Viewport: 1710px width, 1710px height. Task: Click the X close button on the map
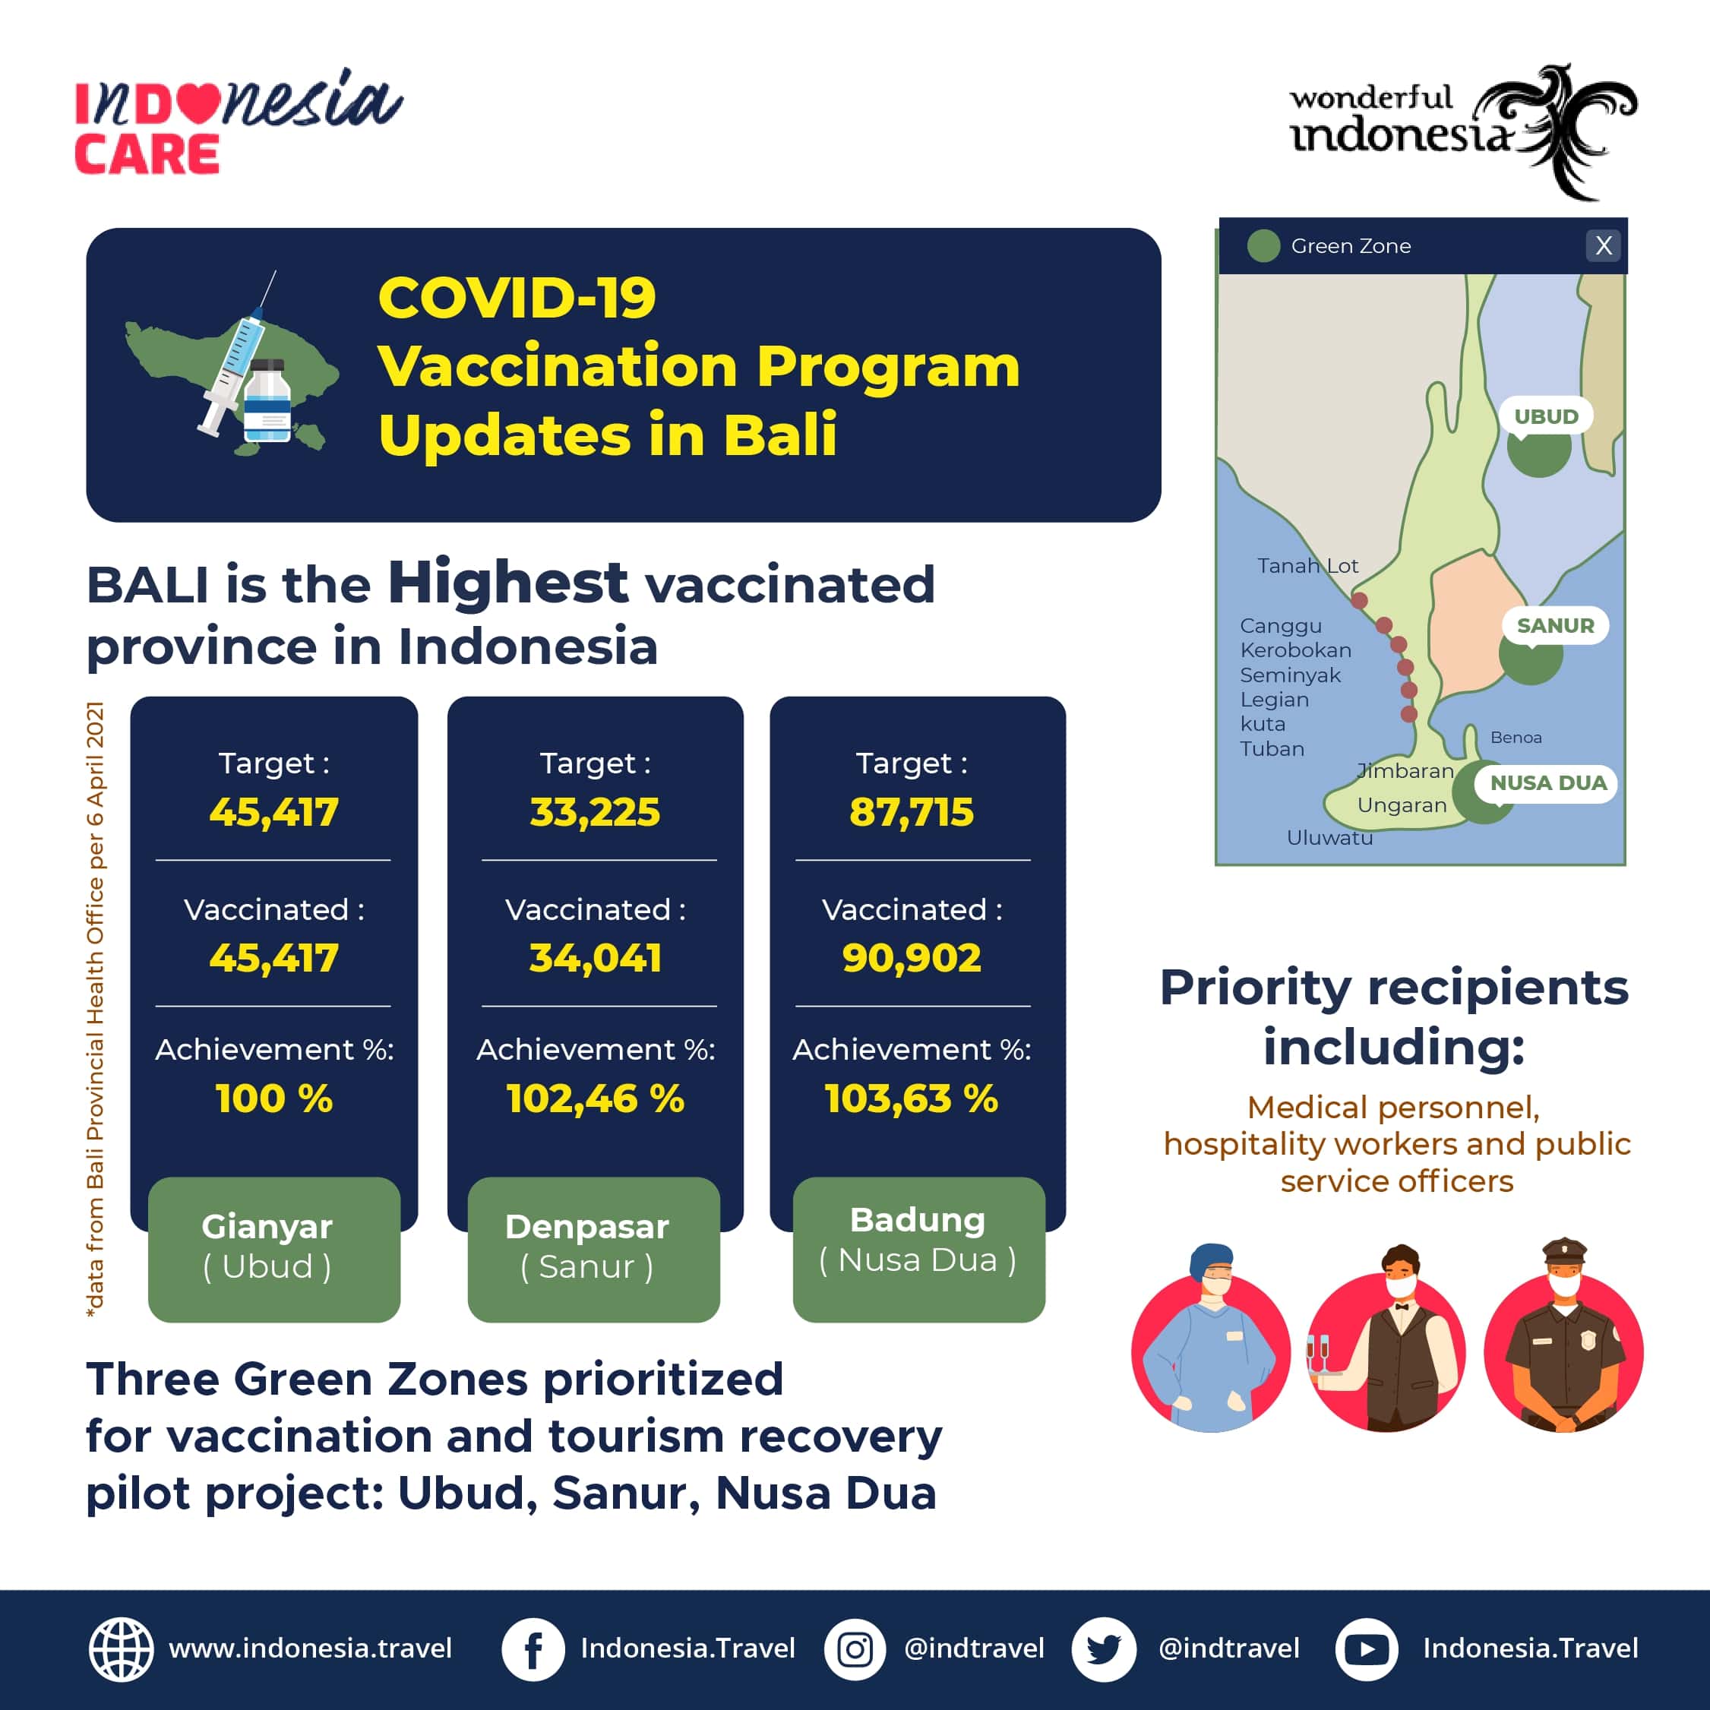pos(1603,245)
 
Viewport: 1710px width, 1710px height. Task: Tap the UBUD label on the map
pos(1545,416)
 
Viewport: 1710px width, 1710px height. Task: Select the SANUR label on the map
pos(1555,626)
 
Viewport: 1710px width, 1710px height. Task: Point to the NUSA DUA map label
pos(1547,783)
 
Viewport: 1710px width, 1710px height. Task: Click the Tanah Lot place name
pos(1307,566)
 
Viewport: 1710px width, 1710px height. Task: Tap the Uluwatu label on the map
pos(1329,837)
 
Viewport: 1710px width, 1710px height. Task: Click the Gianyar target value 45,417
pos(273,811)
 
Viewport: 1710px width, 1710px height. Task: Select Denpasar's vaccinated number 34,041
pos(595,958)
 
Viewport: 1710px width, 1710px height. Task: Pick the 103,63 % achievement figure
pos(911,1098)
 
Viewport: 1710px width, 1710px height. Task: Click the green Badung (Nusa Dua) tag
pos(918,1249)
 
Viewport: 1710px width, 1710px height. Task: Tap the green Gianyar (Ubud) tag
pos(273,1249)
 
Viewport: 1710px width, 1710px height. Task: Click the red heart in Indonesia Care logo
pos(202,103)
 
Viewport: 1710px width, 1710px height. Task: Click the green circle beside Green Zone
pos(1263,245)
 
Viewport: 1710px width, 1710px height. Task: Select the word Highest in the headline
pos(508,583)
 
